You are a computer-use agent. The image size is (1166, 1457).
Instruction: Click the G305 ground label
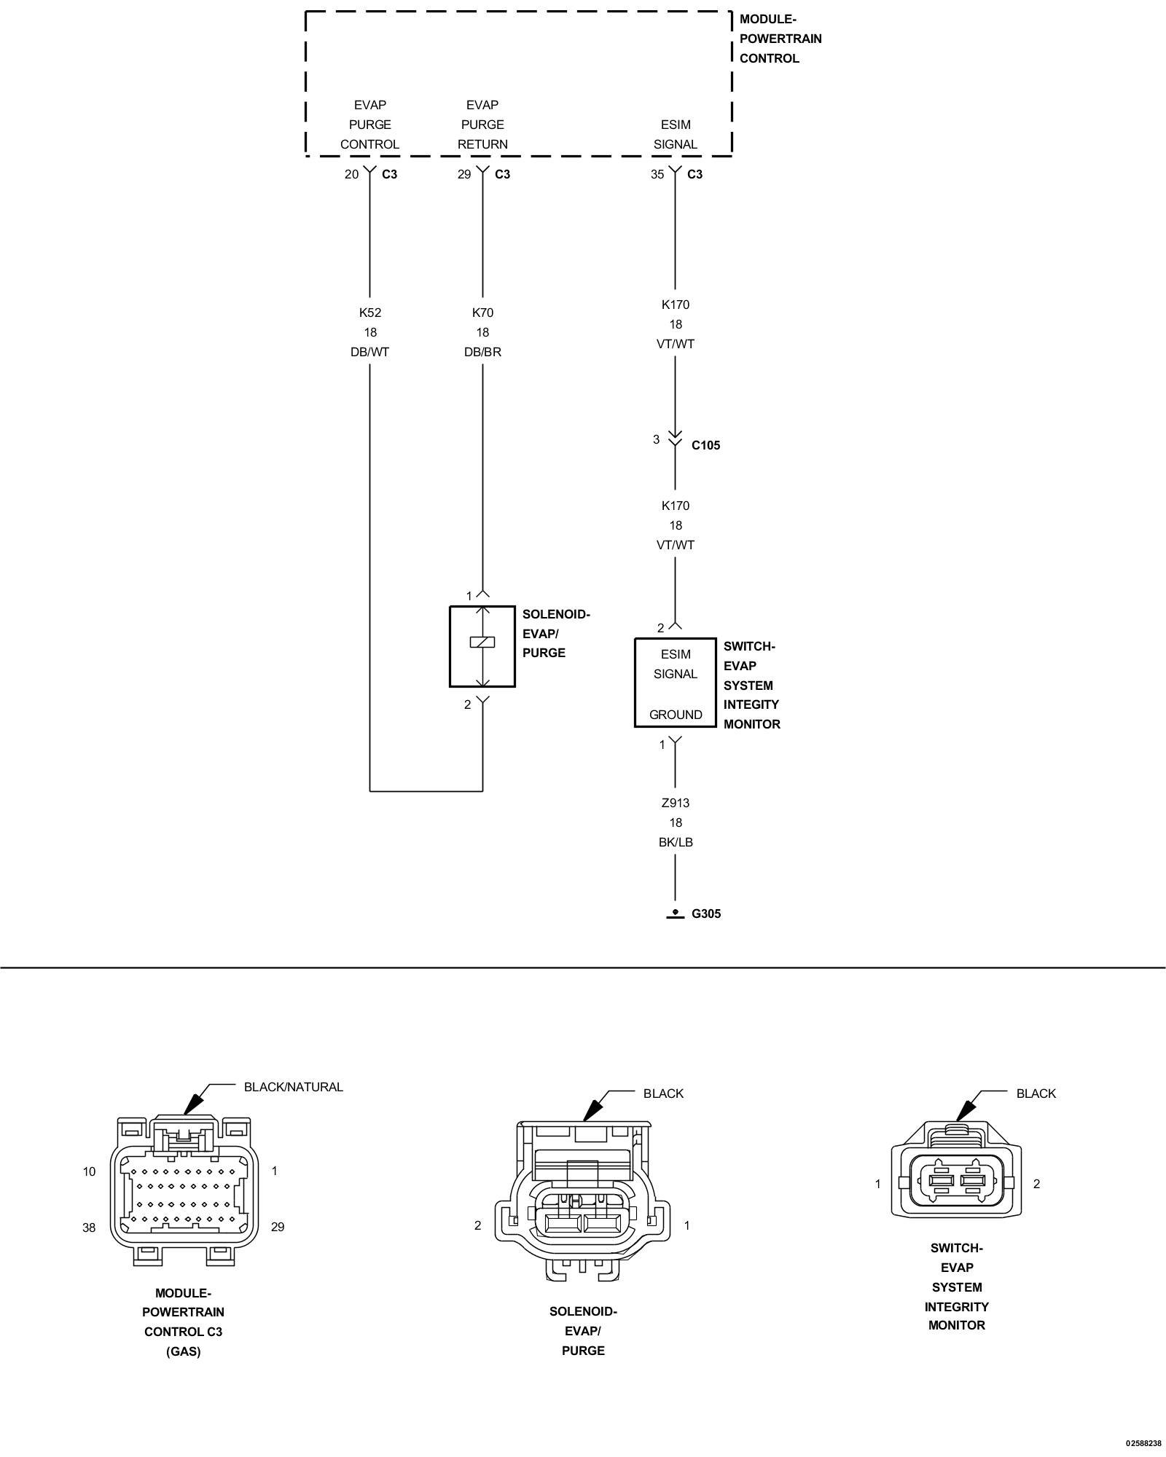(x=706, y=914)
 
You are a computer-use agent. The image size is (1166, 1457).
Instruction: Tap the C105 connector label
(x=705, y=445)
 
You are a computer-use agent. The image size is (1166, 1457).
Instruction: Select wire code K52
(x=370, y=313)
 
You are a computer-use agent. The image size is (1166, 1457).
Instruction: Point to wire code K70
(x=482, y=313)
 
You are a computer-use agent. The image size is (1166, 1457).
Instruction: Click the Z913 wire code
(x=676, y=803)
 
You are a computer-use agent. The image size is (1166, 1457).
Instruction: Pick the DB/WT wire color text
(x=370, y=352)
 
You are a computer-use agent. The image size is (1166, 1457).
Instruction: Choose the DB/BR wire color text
(x=482, y=352)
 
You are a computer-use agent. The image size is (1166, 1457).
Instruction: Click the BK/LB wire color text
(x=676, y=842)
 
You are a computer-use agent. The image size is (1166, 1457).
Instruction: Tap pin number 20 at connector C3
(x=352, y=174)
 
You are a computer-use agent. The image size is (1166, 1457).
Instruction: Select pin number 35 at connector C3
(x=657, y=174)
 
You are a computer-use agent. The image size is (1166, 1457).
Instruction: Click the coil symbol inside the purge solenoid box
(x=482, y=642)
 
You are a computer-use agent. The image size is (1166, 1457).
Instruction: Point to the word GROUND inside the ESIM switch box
(x=676, y=715)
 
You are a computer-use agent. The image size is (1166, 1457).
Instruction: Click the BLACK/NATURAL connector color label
(x=293, y=1087)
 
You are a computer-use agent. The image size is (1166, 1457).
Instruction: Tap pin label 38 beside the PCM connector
(x=89, y=1228)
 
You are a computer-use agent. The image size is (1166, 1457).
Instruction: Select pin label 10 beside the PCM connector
(x=89, y=1171)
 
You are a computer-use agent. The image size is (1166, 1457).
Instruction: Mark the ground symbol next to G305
(x=676, y=914)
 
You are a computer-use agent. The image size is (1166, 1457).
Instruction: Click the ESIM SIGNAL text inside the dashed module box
(x=676, y=135)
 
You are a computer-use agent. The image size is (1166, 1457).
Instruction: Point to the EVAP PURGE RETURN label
(x=482, y=125)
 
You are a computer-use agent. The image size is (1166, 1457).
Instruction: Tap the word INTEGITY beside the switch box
(x=751, y=704)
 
